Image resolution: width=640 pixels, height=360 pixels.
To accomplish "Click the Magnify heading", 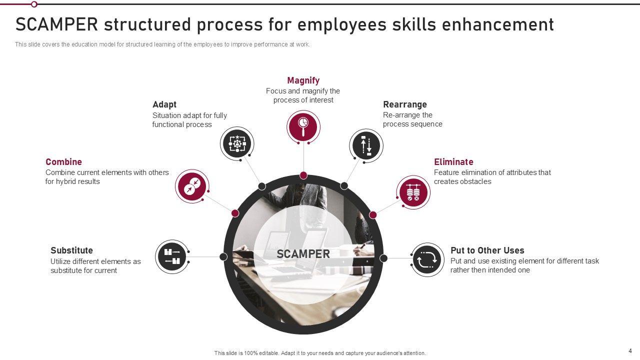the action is tap(303, 80).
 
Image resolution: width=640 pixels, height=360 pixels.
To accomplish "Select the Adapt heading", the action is tap(164, 104).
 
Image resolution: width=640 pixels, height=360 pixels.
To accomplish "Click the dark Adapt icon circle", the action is tap(237, 143).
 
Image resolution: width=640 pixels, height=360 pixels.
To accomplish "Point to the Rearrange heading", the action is tap(405, 104).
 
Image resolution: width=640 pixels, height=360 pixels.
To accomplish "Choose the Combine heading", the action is tap(63, 162).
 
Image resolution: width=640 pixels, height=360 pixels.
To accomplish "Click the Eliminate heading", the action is tap(453, 162).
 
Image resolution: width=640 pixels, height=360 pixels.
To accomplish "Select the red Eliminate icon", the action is tap(413, 192).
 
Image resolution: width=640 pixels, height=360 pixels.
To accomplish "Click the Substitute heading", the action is tap(71, 250).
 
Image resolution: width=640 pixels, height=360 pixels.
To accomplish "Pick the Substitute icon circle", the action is tap(172, 257).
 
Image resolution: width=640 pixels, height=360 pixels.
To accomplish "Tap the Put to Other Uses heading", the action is tap(487, 250).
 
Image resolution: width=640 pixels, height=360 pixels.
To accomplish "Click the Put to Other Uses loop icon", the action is tap(427, 259).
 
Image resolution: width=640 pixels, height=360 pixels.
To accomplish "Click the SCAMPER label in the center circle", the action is tap(303, 254).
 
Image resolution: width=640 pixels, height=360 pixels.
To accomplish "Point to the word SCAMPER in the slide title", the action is tap(56, 24).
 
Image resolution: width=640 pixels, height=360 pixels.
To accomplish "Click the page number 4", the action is tap(630, 350).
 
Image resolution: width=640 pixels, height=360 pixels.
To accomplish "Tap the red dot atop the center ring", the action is tap(303, 175).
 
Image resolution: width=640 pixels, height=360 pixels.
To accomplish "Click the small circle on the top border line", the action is tap(34, 4).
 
